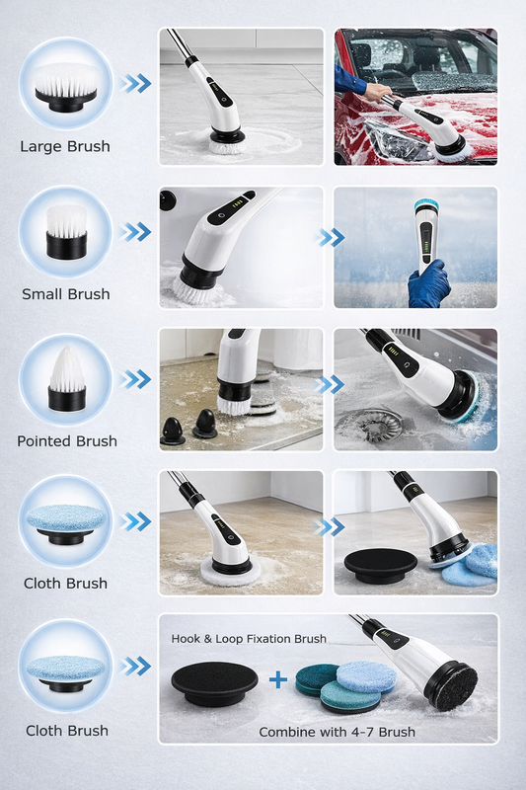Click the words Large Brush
pos(65,146)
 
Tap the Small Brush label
pos(66,294)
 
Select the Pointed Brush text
pos(67,441)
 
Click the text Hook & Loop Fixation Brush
pos(249,639)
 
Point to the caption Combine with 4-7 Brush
pos(337,732)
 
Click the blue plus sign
pos(278,679)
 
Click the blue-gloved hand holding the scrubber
pos(428,284)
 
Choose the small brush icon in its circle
pos(66,232)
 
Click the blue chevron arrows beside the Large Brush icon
pos(135,83)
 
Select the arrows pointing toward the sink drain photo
pos(331,385)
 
